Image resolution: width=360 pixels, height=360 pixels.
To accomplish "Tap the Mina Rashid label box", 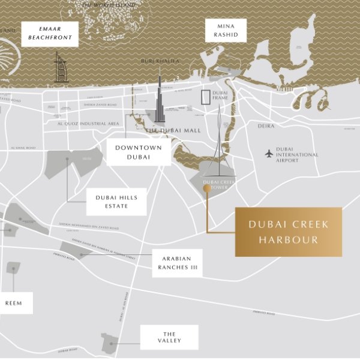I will tap(226, 31).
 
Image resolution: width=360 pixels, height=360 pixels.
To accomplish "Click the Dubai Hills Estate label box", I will tap(116, 202).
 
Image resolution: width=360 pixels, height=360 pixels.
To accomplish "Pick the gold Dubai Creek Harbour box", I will tap(288, 232).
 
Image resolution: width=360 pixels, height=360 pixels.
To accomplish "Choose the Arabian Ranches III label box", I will tap(176, 263).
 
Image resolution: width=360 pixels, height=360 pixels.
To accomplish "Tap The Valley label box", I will tap(169, 337).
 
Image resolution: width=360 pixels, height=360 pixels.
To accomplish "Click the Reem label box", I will tap(13, 303).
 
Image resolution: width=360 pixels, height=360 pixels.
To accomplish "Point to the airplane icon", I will tap(269, 154).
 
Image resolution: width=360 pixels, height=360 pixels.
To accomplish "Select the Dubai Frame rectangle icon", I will tap(206, 97).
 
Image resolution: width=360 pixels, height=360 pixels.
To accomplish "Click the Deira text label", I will tap(266, 126).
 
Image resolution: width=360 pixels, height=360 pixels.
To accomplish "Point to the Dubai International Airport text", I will tap(297, 155).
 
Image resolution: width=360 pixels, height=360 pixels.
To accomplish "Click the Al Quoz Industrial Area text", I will tap(88, 124).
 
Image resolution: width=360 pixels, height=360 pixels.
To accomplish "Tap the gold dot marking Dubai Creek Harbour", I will tap(207, 188).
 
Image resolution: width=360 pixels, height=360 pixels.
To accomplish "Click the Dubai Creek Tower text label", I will tap(220, 184).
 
